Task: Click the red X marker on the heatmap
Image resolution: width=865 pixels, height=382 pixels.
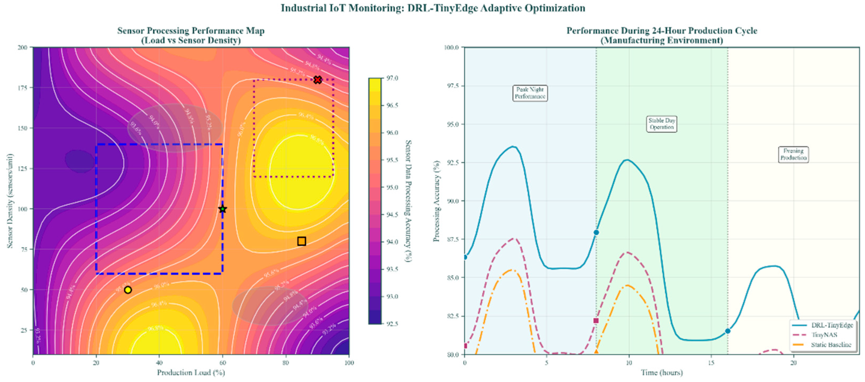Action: click(x=317, y=80)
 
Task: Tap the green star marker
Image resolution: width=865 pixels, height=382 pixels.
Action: click(x=222, y=209)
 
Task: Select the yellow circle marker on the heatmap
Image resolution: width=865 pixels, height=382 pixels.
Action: click(x=128, y=290)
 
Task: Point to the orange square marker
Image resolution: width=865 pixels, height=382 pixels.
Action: click(x=301, y=241)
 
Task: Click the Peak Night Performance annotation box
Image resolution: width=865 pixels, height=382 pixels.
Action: click(x=530, y=93)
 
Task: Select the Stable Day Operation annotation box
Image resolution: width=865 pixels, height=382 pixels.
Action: click(x=662, y=124)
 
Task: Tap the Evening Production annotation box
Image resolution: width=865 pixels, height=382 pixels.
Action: click(x=793, y=154)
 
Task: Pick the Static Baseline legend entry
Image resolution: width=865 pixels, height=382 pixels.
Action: click(x=831, y=345)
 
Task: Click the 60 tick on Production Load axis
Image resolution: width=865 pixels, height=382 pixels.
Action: click(x=222, y=362)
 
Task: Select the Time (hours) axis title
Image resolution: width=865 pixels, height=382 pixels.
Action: click(x=662, y=372)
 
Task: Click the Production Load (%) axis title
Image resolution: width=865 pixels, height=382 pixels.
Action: click(x=191, y=372)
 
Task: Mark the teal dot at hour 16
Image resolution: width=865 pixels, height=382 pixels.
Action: click(x=728, y=331)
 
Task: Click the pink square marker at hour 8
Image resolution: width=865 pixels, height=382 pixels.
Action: click(x=596, y=321)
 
